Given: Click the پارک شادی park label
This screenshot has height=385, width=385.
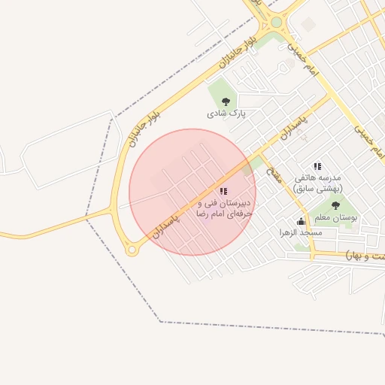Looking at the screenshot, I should tap(227, 114).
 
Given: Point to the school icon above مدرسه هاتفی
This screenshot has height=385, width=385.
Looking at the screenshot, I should tap(317, 166).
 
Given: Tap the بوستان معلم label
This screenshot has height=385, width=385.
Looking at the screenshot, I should tap(335, 217).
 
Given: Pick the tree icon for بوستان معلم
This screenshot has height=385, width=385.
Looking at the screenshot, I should tap(335, 205).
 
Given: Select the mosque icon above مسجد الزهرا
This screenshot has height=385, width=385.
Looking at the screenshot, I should tap(301, 222).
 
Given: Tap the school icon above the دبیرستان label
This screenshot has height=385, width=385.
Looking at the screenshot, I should tap(223, 192).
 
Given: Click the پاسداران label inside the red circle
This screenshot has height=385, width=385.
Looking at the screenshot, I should tap(168, 226).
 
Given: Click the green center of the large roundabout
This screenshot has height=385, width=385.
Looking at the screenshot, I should tap(277, 23).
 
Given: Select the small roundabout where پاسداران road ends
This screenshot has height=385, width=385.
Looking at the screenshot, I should tap(132, 250).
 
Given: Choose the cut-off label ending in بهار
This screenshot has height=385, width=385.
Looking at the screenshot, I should tap(364, 256).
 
